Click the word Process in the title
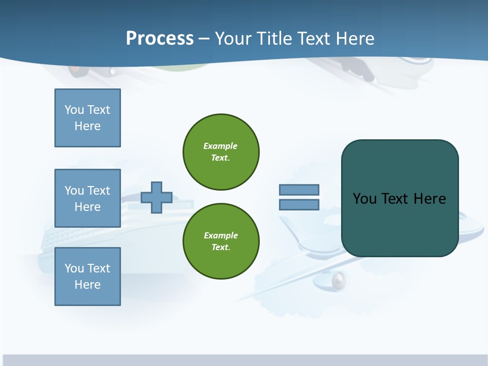point(160,39)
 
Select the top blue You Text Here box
point(87,118)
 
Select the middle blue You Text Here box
point(87,198)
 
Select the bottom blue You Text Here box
point(87,277)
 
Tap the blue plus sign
point(156,197)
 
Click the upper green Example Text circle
point(221,152)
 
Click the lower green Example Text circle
point(221,241)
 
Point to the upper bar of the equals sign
point(299,190)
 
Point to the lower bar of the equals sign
point(299,204)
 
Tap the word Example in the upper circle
point(220,146)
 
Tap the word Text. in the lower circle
point(221,248)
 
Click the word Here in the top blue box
point(87,126)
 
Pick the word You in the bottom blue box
point(74,268)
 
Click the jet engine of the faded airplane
point(340,279)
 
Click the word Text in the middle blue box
point(99,191)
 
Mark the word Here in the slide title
point(355,39)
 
